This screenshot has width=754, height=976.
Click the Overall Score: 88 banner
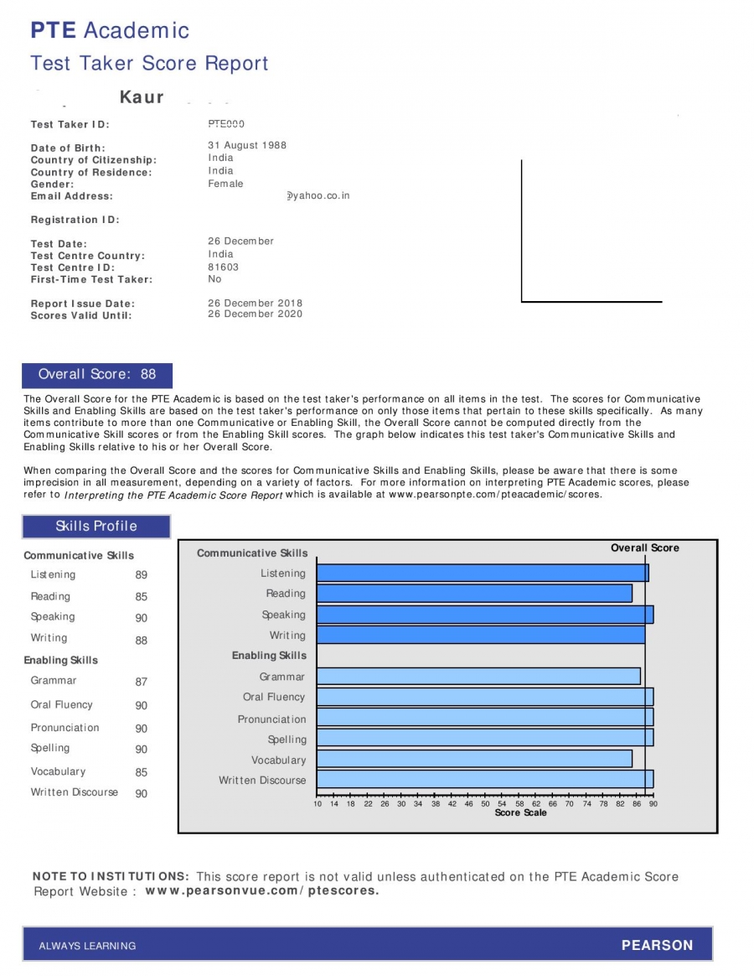pos(97,375)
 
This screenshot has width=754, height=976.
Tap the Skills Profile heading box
pos(96,527)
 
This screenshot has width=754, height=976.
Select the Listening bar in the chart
pos(482,574)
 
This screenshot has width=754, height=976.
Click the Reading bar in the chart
pos(473,594)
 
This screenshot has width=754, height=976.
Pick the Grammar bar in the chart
pos(478,677)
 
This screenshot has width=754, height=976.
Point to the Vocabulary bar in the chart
pos(473,759)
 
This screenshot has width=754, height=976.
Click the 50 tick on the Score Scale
pos(486,803)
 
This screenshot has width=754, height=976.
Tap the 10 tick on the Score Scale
pos(318,803)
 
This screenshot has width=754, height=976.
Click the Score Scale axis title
pos(520,813)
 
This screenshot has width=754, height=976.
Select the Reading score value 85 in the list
pos(141,597)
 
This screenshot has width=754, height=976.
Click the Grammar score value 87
pos(141,682)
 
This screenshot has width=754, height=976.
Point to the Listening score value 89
pos(141,575)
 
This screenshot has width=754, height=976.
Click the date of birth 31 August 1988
pos(247,145)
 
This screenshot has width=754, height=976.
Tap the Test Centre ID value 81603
pos(223,267)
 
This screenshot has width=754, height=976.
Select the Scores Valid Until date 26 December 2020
pos(255,314)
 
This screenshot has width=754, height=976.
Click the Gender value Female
pos(225,184)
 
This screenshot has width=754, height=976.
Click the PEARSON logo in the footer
pos(657,945)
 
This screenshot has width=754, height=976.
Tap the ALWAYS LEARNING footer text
pos(87,946)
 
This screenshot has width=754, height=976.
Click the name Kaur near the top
pos(142,97)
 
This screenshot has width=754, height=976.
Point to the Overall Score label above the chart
pos(644,548)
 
